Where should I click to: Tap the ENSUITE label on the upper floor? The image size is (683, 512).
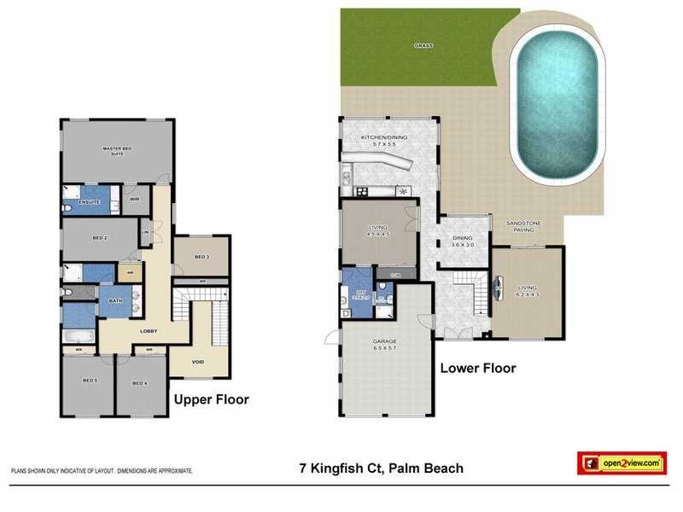pos(89,202)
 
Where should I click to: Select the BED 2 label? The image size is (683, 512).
pos(99,238)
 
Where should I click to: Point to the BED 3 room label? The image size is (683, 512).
pos(201,256)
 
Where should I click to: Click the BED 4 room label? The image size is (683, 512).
pos(139,383)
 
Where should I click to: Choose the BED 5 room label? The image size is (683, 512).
pos(90,381)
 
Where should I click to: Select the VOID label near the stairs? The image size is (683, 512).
pos(197,362)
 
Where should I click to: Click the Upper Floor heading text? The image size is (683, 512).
pos(211,399)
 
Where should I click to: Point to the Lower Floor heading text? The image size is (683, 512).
pos(478,369)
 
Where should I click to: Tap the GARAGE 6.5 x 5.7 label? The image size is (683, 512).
pos(384,345)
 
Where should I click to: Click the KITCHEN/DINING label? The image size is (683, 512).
pos(384,141)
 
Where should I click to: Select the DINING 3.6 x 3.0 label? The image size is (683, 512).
pos(462,241)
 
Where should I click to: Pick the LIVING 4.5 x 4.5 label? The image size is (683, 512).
pos(378,230)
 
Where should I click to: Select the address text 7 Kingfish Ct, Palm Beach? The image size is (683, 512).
pos(381,468)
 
